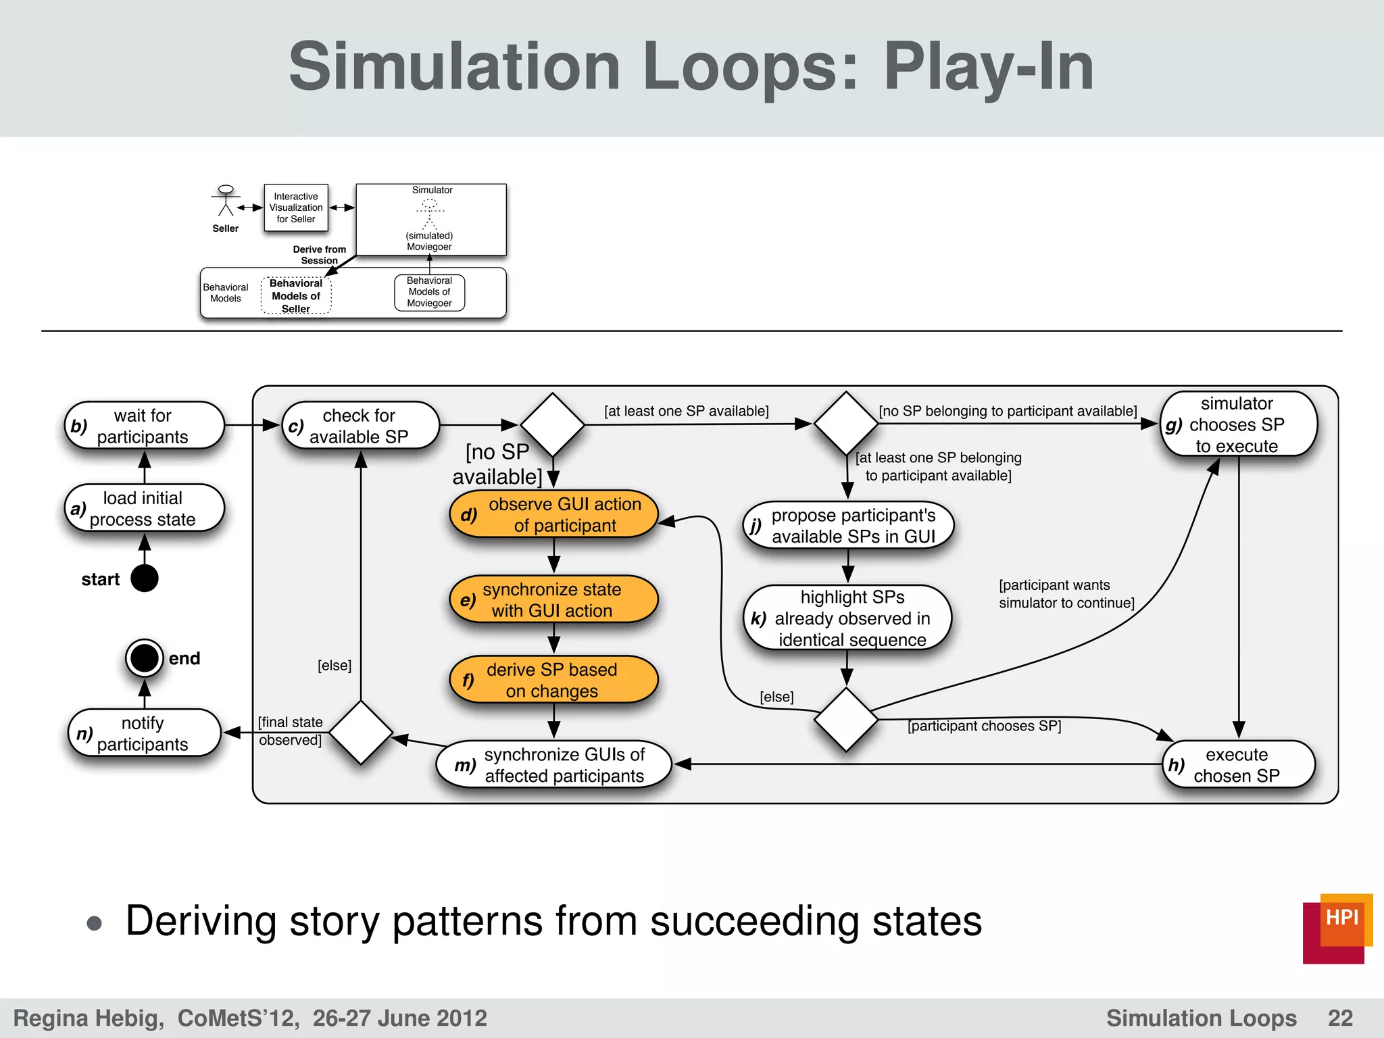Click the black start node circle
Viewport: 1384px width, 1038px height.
coord(144,578)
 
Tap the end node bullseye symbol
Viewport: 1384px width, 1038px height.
coord(144,658)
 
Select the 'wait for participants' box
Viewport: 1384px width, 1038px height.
coord(144,426)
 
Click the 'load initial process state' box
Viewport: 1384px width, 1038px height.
coord(144,508)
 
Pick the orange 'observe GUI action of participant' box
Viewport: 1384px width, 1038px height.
coord(553,514)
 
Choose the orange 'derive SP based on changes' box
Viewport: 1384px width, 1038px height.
coord(553,680)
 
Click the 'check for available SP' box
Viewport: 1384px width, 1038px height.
coord(360,426)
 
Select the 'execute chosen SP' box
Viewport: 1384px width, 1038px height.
coord(1238,765)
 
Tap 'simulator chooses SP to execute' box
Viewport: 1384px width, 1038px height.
coord(1238,424)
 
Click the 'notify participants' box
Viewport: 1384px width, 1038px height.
coord(144,733)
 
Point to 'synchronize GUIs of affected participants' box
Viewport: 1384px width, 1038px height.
coord(553,765)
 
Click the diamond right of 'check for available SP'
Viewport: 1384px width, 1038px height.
coord(553,425)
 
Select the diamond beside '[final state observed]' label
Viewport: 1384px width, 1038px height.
coord(362,733)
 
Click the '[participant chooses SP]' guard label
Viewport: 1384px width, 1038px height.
coord(984,726)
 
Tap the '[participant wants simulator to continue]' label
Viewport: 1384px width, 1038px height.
coord(1066,594)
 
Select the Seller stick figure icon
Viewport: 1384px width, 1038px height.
coord(226,201)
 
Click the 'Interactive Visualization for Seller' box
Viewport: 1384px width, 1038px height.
coord(296,207)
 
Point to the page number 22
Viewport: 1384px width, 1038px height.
coord(1340,1018)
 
